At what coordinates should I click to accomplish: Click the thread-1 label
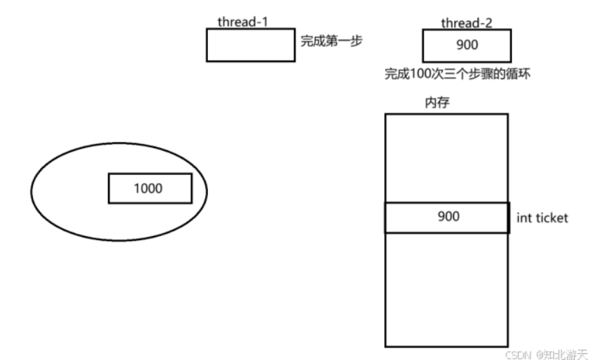coord(242,21)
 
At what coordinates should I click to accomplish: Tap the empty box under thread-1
coord(250,45)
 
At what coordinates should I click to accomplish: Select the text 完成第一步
coord(331,41)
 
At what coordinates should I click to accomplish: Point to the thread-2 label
coord(466,23)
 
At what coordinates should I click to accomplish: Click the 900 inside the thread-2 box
coord(467,47)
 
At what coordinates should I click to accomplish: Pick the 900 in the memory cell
coord(448,216)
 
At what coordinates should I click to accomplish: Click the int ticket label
coord(542,218)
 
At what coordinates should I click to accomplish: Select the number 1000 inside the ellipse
coord(148,188)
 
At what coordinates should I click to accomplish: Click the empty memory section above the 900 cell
coord(446,158)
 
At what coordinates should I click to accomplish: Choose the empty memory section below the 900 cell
coord(446,289)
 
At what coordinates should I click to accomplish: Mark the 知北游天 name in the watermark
coord(565,354)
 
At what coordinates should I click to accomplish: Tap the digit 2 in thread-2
coord(488,23)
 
